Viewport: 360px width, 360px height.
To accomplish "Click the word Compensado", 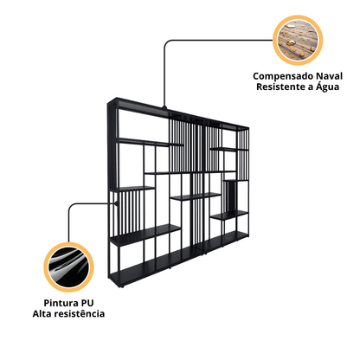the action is click(283, 76).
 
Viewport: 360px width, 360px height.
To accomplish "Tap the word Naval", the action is click(329, 76).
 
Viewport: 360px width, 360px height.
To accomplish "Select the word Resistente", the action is click(281, 87).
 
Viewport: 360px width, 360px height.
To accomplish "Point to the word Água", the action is click(327, 87).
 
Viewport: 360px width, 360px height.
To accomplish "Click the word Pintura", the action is click(61, 303).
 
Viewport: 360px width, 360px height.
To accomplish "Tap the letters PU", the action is click(87, 303).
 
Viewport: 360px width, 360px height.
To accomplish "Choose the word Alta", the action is click(42, 313).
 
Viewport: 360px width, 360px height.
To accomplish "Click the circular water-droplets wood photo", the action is click(298, 40).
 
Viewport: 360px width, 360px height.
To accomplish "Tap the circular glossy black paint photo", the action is click(68, 267).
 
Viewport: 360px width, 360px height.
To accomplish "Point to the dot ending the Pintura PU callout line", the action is click(116, 203).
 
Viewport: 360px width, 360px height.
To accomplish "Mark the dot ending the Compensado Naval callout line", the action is click(164, 108).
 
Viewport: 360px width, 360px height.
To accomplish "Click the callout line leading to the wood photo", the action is click(184, 40).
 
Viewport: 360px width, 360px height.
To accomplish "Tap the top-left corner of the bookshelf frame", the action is click(108, 103).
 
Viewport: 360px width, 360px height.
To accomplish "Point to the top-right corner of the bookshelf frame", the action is click(248, 127).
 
